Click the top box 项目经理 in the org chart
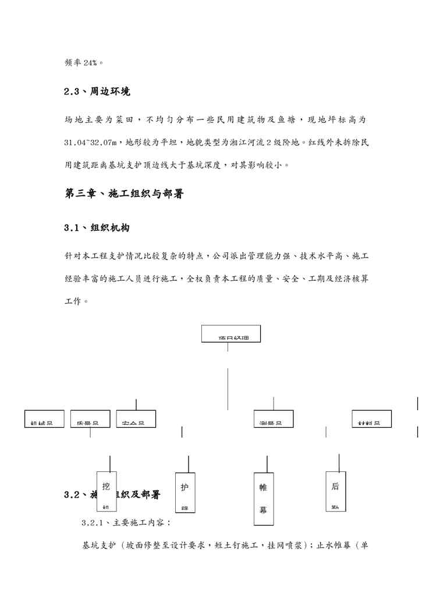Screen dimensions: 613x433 (x=231, y=334)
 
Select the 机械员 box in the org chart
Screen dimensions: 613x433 (x=44, y=419)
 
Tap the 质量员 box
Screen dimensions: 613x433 (x=90, y=419)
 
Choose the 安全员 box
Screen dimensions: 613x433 (x=136, y=419)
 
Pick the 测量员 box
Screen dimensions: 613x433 (x=274, y=419)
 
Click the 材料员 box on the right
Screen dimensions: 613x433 (x=371, y=419)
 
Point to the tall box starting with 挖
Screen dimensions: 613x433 (x=107, y=492)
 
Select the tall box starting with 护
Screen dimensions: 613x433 (x=185, y=492)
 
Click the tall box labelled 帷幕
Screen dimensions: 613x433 (x=263, y=498)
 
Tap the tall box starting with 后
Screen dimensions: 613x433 (x=336, y=491)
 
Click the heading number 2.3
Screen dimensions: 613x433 (x=72, y=91)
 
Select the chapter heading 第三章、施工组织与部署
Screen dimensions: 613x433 (x=124, y=194)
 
